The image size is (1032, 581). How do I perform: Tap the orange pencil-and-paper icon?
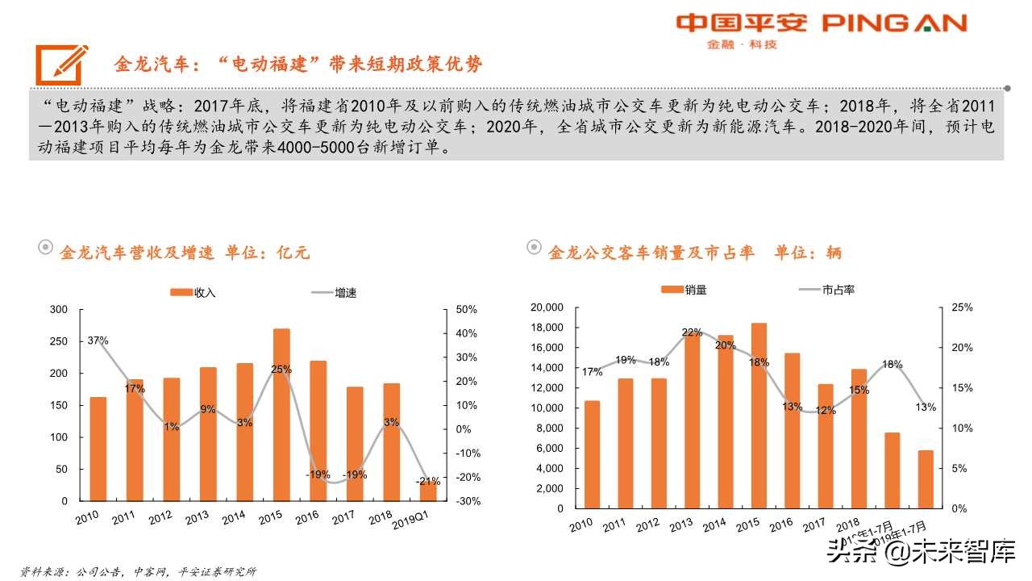tap(61, 64)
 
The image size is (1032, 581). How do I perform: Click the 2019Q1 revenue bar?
tap(427, 491)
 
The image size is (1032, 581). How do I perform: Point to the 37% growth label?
tap(98, 341)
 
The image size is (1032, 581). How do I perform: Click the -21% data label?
tap(427, 481)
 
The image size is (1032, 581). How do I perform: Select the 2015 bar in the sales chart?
tap(759, 416)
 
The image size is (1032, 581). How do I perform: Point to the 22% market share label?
tap(692, 332)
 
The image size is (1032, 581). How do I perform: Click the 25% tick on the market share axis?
tap(961, 307)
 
